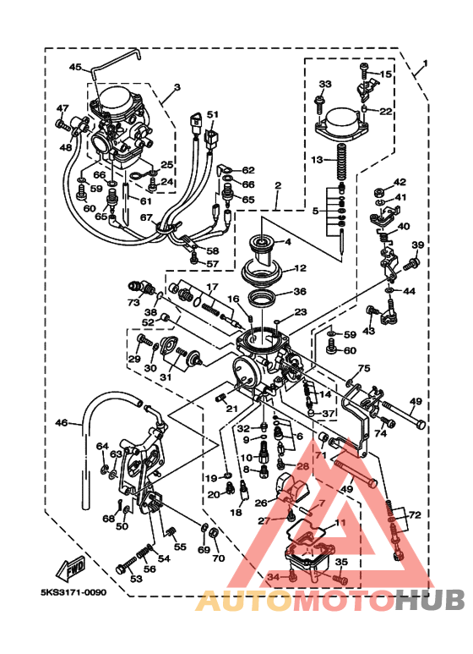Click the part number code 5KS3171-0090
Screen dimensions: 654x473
(73, 593)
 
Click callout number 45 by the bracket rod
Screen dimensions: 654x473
(74, 67)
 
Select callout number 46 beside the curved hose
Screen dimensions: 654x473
(62, 423)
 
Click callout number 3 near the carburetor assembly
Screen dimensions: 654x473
(177, 87)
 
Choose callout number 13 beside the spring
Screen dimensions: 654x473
(317, 159)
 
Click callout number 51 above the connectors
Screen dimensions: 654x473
(212, 114)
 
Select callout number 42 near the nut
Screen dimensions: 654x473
(400, 182)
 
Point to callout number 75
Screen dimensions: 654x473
(364, 369)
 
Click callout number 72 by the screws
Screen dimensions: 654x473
(414, 514)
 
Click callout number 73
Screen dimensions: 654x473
(133, 302)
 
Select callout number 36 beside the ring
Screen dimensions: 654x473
(299, 292)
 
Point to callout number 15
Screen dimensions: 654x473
(386, 75)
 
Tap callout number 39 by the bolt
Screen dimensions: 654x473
(416, 245)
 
